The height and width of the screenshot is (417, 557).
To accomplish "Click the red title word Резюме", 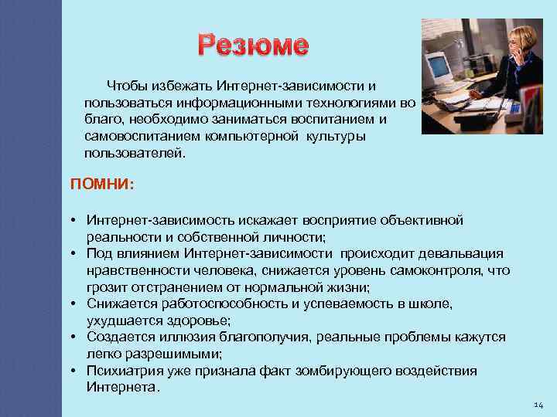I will click(253, 46).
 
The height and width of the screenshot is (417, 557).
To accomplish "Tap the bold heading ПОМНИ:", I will click(102, 185).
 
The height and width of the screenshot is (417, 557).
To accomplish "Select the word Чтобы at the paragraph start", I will click(126, 85).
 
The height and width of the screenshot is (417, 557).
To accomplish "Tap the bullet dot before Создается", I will click(77, 337).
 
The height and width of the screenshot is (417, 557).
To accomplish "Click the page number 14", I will click(539, 405).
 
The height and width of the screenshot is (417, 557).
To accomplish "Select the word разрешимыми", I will click(173, 354).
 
